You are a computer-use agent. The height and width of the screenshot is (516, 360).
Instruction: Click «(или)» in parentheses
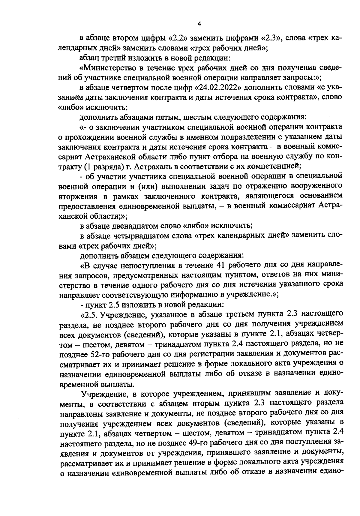click(x=148, y=186)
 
